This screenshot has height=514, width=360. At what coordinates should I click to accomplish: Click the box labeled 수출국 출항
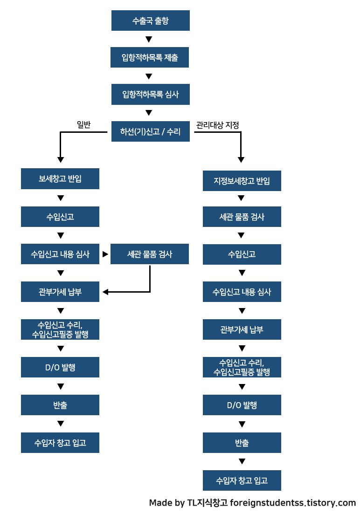coord(150,21)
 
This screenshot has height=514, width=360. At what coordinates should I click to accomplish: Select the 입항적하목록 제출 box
coord(150,58)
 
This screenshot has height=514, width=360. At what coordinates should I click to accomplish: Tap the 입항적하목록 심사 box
coord(150,95)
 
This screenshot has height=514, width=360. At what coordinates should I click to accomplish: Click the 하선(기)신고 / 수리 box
coord(150,132)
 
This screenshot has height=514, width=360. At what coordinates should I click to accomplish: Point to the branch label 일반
coord(83,124)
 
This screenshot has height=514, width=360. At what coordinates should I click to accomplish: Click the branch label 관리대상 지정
coord(218,125)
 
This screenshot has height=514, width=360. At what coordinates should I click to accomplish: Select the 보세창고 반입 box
coord(60,179)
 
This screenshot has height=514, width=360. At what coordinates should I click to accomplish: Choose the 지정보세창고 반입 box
coord(242,181)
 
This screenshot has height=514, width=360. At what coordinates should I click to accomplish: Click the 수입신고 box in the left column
coord(60,217)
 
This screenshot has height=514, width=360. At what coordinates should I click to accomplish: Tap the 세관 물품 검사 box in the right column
coord(242,217)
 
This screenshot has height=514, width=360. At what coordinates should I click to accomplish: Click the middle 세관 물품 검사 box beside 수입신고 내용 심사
coord(150,254)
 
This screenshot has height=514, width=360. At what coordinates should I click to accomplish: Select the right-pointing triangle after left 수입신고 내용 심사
coord(105,254)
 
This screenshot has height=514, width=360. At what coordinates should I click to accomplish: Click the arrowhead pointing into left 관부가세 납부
coord(105,292)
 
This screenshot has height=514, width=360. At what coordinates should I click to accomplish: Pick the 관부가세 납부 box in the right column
coord(242,329)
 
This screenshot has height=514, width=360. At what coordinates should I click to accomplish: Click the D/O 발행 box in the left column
coord(60,367)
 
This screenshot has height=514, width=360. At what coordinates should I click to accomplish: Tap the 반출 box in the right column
coord(242,443)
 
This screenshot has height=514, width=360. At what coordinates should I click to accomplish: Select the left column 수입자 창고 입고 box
coord(60,443)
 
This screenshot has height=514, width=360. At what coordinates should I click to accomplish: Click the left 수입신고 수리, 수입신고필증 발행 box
coord(60,329)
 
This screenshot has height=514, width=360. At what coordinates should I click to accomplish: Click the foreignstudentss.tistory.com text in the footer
coord(293,503)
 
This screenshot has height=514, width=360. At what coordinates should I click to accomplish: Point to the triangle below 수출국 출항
coord(149,39)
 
